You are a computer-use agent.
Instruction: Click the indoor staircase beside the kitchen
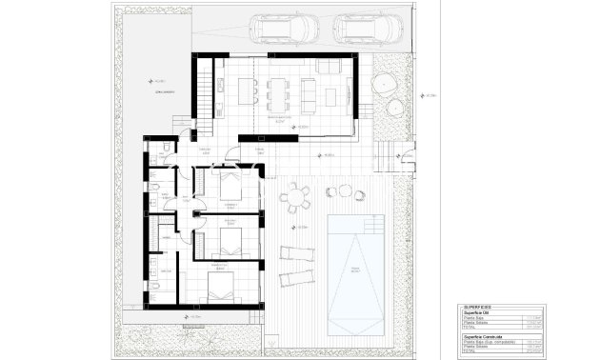coord(204,96)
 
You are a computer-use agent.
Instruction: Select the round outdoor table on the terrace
coord(296,197)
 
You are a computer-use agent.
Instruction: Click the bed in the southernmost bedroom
coord(222,283)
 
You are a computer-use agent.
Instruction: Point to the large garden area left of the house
coord(152,76)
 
